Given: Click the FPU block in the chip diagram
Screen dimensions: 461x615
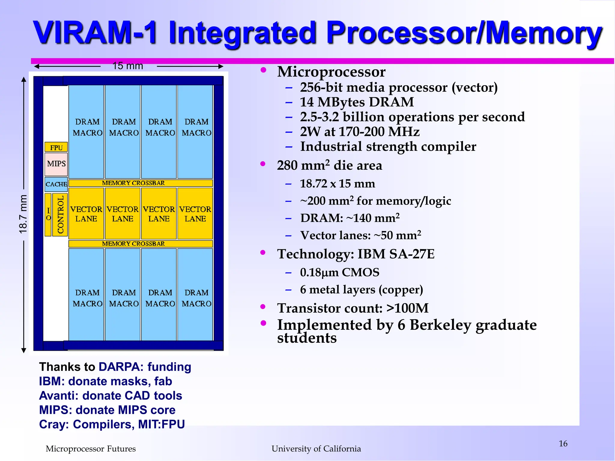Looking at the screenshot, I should coord(56,147).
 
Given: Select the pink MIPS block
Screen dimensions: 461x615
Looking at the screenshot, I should coord(56,164).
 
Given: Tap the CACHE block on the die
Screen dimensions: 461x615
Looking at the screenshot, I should coord(56,184).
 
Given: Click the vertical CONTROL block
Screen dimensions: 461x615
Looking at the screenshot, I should coord(60,214).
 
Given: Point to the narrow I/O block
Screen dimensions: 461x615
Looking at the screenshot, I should coord(48,214).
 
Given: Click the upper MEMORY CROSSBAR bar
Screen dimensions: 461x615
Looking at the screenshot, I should coord(141,183).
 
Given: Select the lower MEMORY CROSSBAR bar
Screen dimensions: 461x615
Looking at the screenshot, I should coord(141,244).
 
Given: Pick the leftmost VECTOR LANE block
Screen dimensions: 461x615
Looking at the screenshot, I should coord(86,214).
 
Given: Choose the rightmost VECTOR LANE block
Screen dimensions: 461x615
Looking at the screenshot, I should coord(195,214).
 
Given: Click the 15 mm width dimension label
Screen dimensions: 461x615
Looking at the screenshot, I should coord(128,66).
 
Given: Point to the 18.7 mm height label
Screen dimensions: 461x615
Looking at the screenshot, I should coord(23,214).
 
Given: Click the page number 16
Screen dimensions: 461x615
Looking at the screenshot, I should coord(563,444).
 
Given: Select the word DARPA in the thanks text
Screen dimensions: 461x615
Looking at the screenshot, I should coord(119,367).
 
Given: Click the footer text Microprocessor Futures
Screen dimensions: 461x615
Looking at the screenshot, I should coord(90,449).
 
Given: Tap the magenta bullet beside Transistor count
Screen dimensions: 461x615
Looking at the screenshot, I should coord(263,307).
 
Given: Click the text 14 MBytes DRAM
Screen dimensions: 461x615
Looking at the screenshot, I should coord(357,102).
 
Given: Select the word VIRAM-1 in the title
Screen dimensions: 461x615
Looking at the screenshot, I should coord(95,32).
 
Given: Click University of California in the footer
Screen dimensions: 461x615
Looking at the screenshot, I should coord(316,449).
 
